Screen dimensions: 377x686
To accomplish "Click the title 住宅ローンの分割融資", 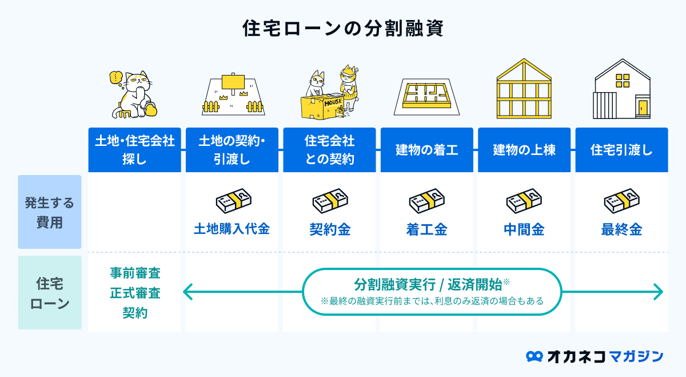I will pyautogui.click(x=342, y=28).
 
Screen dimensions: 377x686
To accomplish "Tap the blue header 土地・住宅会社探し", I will pyautogui.click(x=134, y=150).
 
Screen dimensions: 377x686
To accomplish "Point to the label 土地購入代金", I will pyautogui.click(x=232, y=229).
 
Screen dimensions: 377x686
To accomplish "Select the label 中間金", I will pyautogui.click(x=524, y=230).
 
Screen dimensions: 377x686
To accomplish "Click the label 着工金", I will pyautogui.click(x=426, y=230).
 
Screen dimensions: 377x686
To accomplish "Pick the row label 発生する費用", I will pyautogui.click(x=50, y=212).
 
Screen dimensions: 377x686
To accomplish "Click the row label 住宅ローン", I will pyautogui.click(x=50, y=293).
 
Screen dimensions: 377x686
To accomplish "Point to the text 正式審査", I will pyautogui.click(x=135, y=293).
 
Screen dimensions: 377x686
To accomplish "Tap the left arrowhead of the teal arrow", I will pyautogui.click(x=186, y=293).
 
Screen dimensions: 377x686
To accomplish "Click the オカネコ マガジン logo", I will pyautogui.click(x=595, y=356).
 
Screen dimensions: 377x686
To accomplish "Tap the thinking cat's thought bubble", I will pyautogui.click(x=116, y=77).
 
